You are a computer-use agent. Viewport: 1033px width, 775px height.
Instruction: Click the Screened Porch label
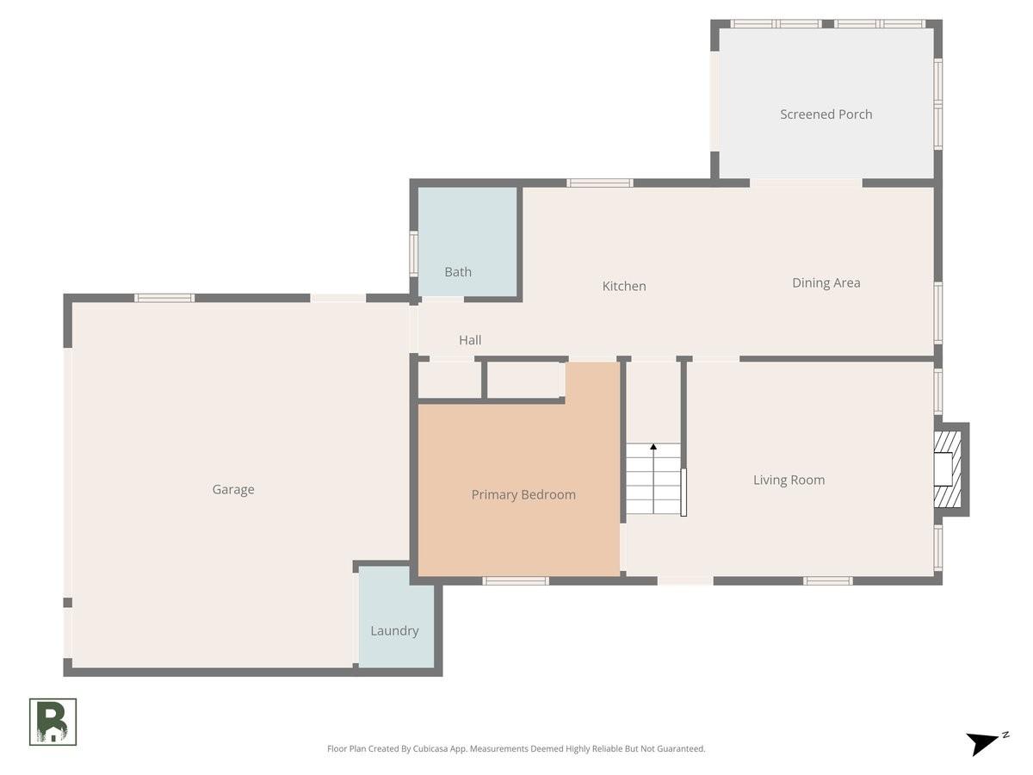pos(826,115)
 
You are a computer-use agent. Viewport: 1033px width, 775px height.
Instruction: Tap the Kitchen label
pos(624,286)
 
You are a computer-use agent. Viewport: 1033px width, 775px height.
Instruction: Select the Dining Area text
pos(826,282)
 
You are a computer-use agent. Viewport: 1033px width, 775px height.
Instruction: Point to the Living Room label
pos(789,480)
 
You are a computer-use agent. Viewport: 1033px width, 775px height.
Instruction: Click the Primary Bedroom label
pos(523,494)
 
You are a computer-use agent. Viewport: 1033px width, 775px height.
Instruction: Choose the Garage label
pos(233,490)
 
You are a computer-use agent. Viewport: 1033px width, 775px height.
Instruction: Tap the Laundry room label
pos(394,631)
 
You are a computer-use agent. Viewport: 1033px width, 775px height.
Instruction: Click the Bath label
pos(458,272)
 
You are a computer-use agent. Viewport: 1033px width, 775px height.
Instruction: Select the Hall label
pos(470,340)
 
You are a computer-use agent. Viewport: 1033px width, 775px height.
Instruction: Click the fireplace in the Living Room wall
pos(950,469)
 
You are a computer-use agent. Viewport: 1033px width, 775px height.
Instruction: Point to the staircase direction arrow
pos(653,478)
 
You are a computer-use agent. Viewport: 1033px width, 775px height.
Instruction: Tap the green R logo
pos(53,722)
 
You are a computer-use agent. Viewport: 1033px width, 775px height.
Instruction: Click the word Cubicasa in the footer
pos(430,748)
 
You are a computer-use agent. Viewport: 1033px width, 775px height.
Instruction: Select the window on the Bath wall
pos(414,254)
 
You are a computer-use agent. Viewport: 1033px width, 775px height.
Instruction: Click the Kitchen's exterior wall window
pos(599,183)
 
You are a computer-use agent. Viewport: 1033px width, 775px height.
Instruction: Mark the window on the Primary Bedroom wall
pos(516,581)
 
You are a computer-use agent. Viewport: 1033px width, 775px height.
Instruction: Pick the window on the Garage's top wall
pos(164,298)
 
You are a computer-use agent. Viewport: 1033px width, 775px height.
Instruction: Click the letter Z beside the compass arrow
pos(1005,735)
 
